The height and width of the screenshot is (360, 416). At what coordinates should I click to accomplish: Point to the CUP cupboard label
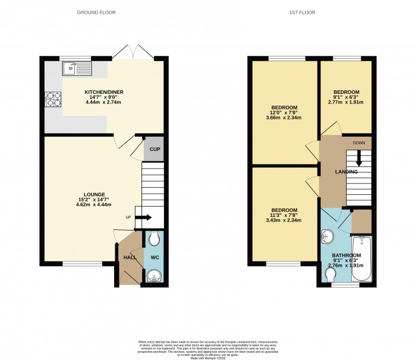153,149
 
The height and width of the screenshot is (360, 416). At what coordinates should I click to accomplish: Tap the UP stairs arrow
143,217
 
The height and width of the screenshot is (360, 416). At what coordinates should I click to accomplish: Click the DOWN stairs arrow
358,158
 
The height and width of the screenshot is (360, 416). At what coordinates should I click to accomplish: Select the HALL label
130,257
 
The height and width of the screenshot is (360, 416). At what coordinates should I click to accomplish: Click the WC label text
153,257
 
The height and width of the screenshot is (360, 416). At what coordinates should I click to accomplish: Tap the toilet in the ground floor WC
154,239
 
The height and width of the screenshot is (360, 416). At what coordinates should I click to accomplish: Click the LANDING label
346,172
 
